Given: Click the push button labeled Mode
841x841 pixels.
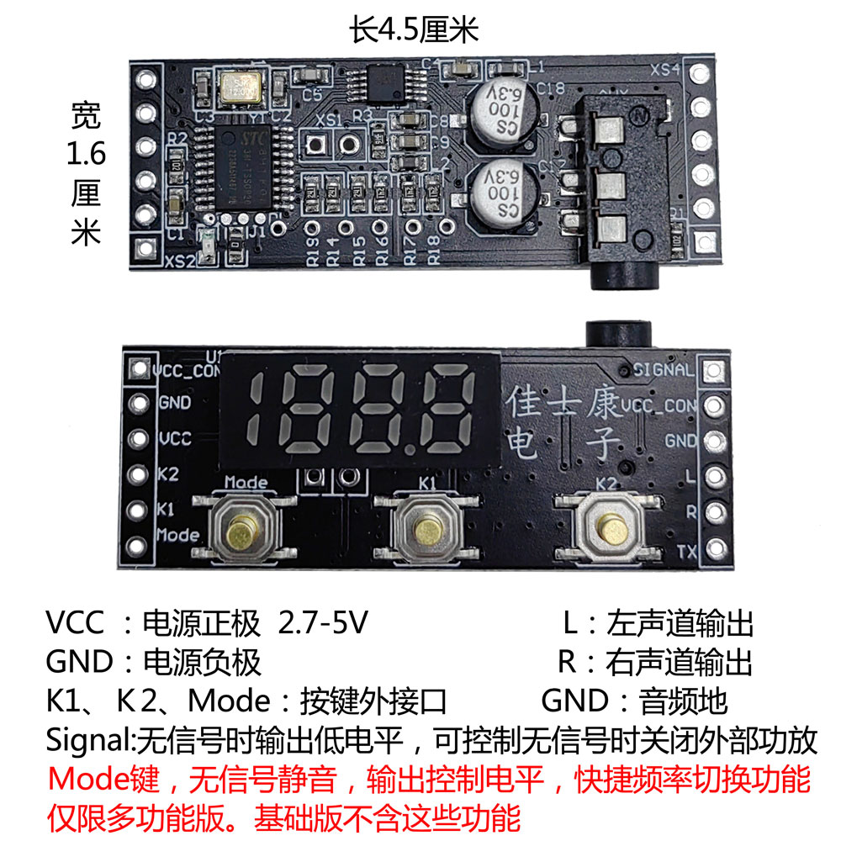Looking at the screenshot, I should [x=245, y=529].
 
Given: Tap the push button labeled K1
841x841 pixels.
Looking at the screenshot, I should [x=426, y=529].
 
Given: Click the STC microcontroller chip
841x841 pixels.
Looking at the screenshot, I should [x=244, y=165].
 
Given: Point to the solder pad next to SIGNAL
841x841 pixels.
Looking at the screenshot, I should [x=713, y=371].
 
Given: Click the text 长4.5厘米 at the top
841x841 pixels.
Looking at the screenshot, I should [x=414, y=32].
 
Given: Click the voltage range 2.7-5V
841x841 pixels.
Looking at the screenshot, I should [x=323, y=624].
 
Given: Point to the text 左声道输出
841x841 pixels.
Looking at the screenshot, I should [x=679, y=624].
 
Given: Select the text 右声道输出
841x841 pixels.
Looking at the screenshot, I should [x=679, y=662].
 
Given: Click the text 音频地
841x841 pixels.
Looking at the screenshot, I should [x=683, y=701].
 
